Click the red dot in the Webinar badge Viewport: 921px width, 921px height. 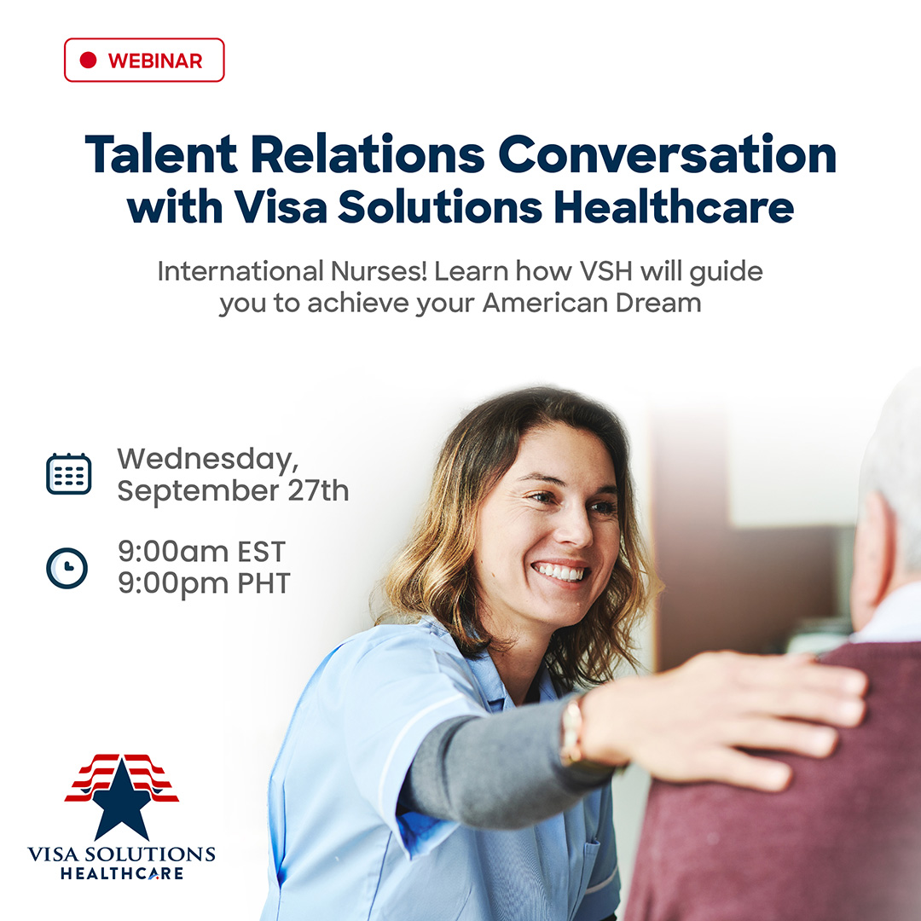coord(88,60)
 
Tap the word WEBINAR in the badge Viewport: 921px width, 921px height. coord(155,61)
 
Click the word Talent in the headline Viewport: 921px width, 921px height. coord(161,154)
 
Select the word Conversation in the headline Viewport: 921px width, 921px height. coord(667,154)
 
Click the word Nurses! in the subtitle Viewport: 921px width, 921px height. coord(379,271)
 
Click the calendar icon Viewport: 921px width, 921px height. coord(69,473)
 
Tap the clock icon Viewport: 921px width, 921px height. coord(67,568)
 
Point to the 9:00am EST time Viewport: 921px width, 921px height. coord(201,552)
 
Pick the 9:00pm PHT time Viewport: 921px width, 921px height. coord(205,583)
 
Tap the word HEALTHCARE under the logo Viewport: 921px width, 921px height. coord(122,873)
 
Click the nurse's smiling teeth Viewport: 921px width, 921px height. coord(559,571)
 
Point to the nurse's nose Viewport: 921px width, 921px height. coord(572,525)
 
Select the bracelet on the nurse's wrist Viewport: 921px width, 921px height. coord(571,731)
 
